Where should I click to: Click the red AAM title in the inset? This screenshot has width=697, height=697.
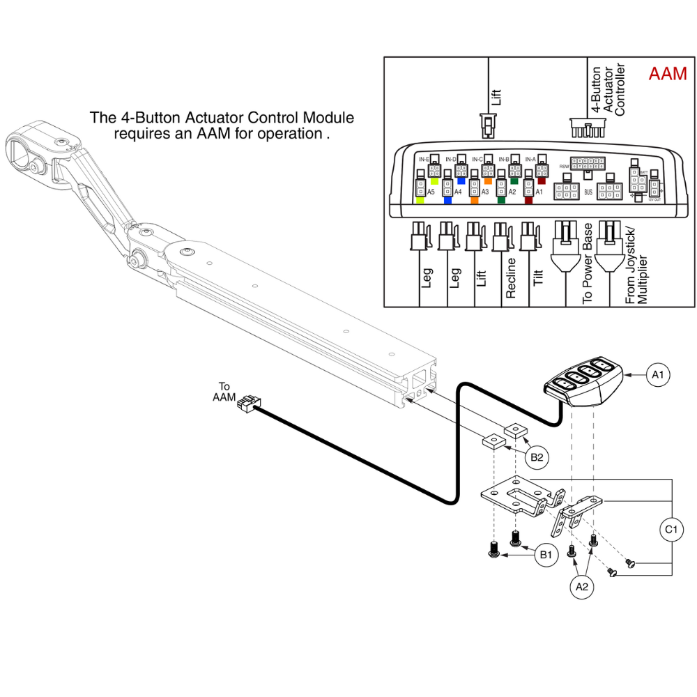click(668, 73)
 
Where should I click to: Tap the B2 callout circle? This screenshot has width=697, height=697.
click(537, 457)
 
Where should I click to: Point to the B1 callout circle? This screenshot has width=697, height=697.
click(545, 556)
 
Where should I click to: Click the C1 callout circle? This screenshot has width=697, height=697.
click(671, 530)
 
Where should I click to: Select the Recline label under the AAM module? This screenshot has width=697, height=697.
click(511, 279)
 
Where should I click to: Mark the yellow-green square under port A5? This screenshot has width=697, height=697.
click(420, 200)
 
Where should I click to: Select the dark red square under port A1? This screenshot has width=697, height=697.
click(528, 200)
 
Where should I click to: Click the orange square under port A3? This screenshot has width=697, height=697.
click(474, 200)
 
